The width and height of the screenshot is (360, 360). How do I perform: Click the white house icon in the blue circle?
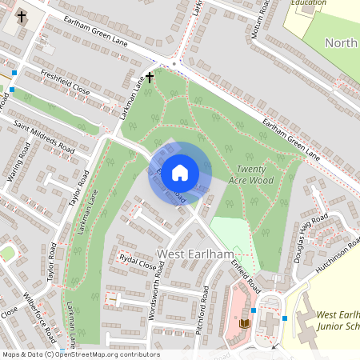180,172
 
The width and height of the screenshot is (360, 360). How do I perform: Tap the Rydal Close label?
137,263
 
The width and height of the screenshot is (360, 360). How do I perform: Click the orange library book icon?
245,323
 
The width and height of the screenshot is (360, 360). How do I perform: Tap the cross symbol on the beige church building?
21,15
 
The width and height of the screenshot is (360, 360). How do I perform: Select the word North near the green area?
341,43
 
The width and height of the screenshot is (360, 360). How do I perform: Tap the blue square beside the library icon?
253,310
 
